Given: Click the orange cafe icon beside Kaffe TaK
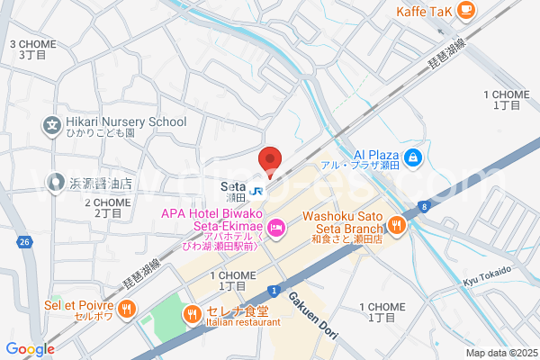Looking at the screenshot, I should [465, 10].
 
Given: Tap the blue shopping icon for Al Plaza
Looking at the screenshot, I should [413, 157].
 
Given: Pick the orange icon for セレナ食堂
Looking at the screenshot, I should [191, 314].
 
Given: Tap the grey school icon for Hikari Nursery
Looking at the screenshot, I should [52, 126].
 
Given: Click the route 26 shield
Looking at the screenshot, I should [24, 242].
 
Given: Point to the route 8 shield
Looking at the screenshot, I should [421, 207].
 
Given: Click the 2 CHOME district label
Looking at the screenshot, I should [107, 208].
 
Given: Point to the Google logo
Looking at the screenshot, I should [30, 349].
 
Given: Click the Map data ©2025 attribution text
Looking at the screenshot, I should [500, 353].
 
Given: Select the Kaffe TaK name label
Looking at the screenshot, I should [425, 11].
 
